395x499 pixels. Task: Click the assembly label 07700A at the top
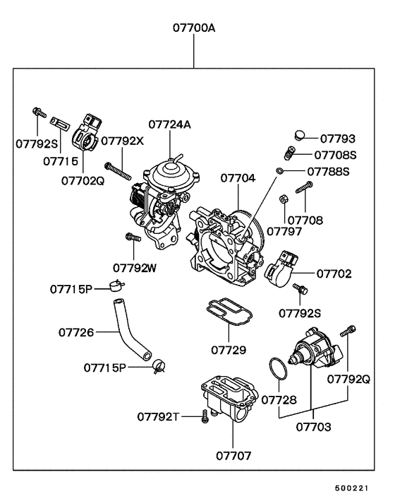[x=194, y=29]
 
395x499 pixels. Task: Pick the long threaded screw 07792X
[x=119, y=170]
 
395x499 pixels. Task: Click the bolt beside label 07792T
[x=205, y=415]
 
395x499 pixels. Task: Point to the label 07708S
[x=336, y=154]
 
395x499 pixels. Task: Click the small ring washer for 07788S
[x=280, y=171]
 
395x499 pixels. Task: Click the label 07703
[x=312, y=427]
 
